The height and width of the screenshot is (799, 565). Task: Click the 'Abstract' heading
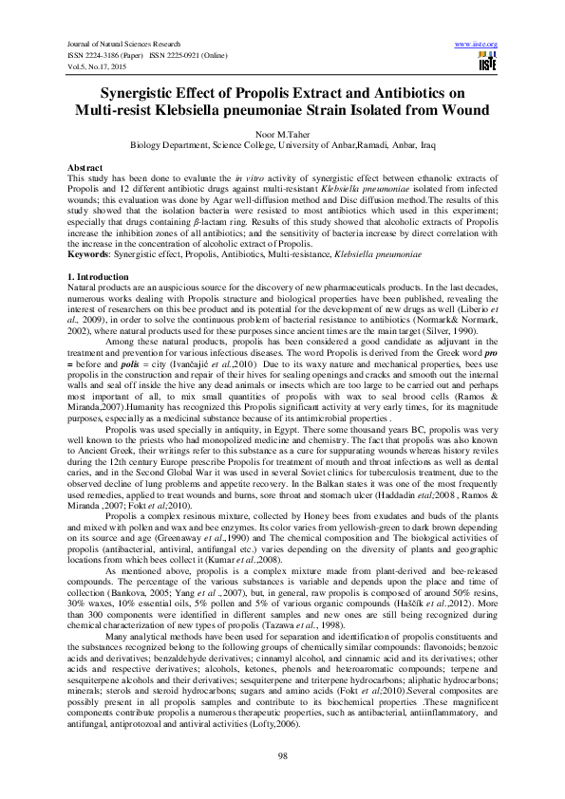coord(85,167)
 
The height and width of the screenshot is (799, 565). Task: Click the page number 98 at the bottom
coord(282,754)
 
